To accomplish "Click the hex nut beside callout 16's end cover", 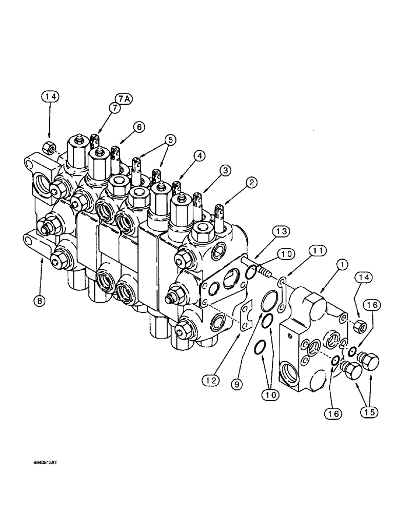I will (x=360, y=325).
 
